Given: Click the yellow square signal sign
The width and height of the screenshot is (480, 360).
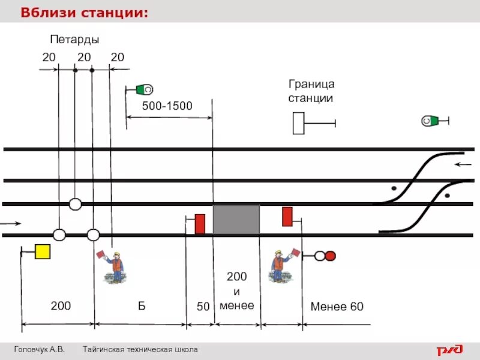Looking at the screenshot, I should coord(42,251).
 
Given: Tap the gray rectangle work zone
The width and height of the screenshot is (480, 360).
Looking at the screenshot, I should coord(236,219).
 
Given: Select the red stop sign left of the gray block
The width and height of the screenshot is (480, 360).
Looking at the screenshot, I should coord(200,224).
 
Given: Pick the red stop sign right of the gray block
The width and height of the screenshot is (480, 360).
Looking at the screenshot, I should coord(287,216).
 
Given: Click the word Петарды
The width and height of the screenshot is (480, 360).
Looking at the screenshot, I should coord(74,40).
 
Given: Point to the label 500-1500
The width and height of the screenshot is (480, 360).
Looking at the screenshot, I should coord(167,106).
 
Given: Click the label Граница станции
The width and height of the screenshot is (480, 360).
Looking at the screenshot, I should coord(311,91).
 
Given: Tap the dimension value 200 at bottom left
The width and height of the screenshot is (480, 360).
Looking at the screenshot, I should coord(61,306).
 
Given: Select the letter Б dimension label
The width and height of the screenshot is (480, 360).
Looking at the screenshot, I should coord(142,306).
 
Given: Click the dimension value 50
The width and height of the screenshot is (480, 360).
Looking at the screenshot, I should coord(203,307).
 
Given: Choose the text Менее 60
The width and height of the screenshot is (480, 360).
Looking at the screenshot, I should coord(337,307).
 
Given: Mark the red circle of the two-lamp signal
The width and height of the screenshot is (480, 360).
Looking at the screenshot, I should coord(330,256).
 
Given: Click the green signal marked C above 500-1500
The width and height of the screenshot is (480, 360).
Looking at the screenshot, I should coord(144,90).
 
